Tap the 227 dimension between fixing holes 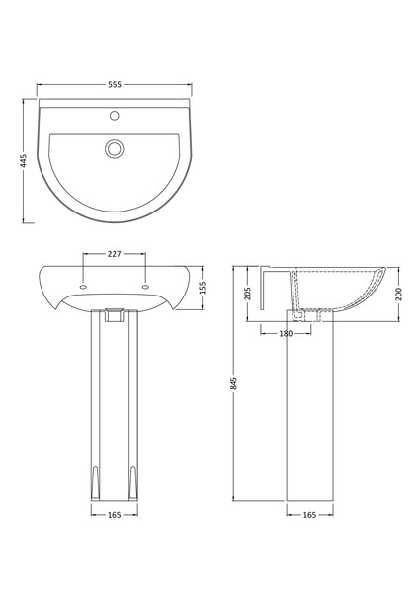[114, 255]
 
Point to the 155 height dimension [209, 286]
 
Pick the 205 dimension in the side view [249, 293]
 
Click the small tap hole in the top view [115, 116]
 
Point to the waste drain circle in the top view [115, 149]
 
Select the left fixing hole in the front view [82, 287]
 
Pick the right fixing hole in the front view [146, 287]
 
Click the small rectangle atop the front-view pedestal [114, 315]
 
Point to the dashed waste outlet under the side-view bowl [314, 315]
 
